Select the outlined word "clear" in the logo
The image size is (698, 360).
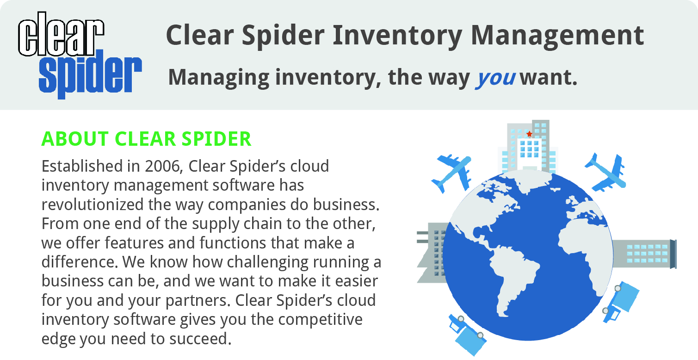pyautogui.click(x=61, y=34)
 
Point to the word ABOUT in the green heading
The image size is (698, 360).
pyautogui.click(x=75, y=139)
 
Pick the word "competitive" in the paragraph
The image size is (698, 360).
pyautogui.click(x=320, y=320)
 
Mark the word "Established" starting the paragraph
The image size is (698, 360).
pyautogui.click(x=82, y=166)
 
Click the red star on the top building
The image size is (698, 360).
pyautogui.click(x=530, y=134)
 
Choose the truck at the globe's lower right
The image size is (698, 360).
pyautogui.click(x=621, y=301)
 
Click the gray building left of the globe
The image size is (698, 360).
pyautogui.click(x=432, y=253)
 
